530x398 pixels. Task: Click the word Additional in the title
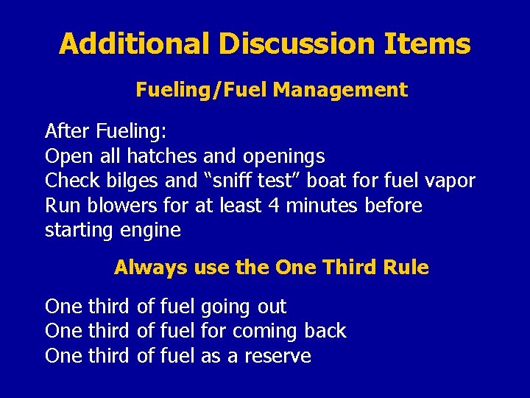135,44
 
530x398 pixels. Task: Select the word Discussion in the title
297,44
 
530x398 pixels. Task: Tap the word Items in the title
427,44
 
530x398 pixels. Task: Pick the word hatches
162,156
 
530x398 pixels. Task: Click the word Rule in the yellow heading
406,268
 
